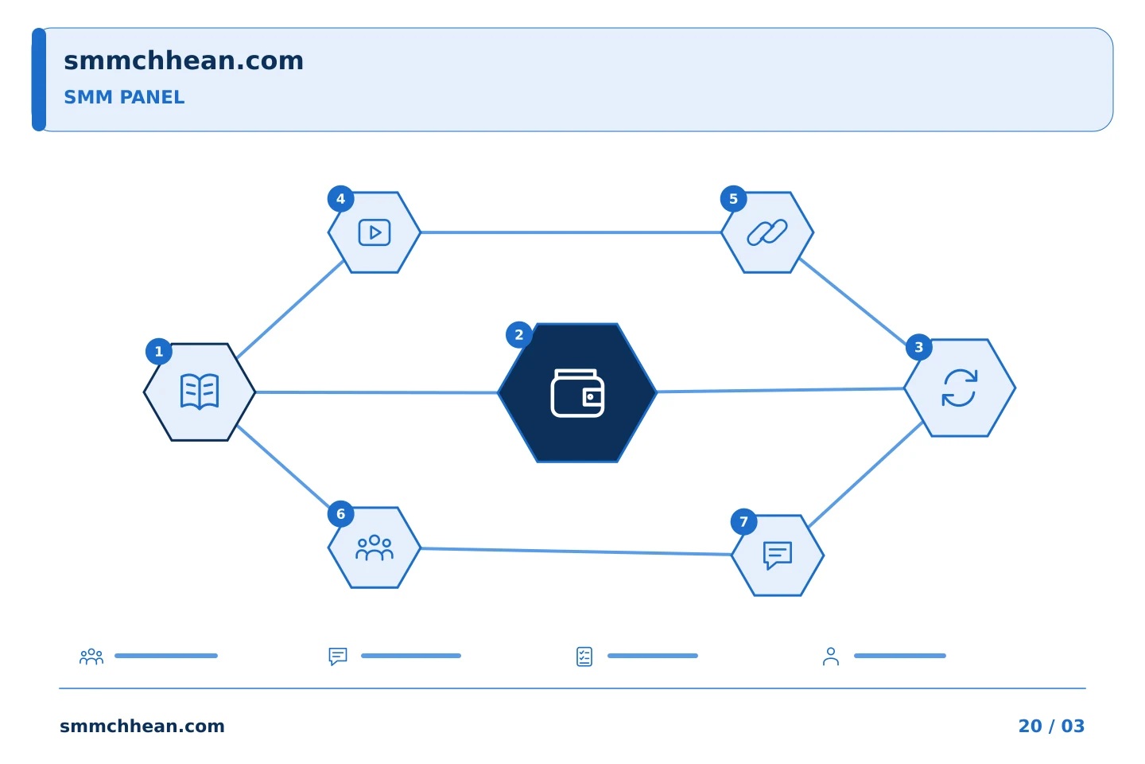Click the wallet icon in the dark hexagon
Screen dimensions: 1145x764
pos(577,393)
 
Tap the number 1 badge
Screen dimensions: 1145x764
pos(159,352)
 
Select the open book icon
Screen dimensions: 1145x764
pos(200,392)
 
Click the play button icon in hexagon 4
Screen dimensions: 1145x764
pos(375,232)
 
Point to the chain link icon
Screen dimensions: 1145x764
pos(767,232)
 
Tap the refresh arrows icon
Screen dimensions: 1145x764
pos(960,388)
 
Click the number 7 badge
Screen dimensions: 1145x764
pos(743,522)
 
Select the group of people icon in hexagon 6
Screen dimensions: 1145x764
pos(375,548)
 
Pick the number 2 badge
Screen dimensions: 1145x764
pos(518,335)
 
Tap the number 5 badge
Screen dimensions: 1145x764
pos(733,199)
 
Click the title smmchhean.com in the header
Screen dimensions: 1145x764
pos(184,61)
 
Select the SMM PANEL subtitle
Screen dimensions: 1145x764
pos(124,97)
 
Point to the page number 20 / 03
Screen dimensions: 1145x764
pos(1051,726)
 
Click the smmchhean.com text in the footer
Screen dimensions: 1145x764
pos(142,726)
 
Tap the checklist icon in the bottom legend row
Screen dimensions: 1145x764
pos(584,657)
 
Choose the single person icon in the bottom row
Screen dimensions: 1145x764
pos(831,657)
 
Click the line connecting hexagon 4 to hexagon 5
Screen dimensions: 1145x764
pos(571,232)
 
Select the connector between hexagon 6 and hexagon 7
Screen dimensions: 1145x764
pos(576,552)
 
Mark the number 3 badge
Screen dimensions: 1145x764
pos(918,348)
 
